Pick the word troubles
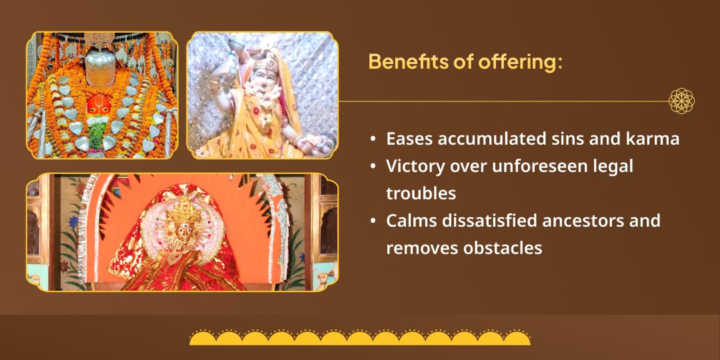point(421,194)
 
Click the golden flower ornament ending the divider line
point(681,101)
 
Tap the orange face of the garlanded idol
point(99,105)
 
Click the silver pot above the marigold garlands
point(100,67)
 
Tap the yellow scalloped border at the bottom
point(360,337)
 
